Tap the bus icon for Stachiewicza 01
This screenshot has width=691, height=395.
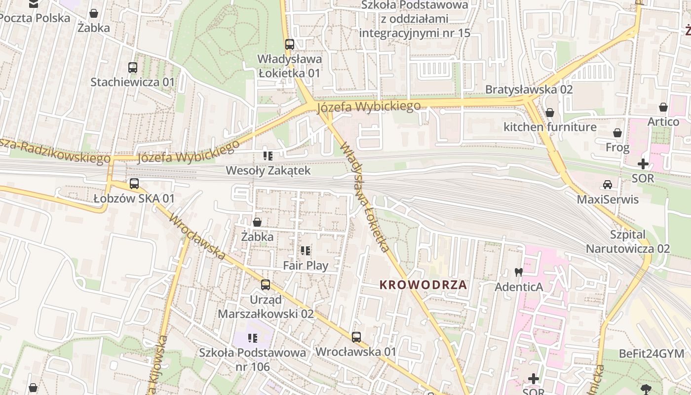(132, 67)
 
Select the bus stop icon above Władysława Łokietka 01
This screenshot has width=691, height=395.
(290, 44)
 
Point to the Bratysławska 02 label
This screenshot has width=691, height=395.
(529, 89)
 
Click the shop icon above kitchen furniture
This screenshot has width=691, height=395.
(549, 113)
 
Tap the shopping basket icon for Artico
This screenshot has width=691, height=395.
(663, 107)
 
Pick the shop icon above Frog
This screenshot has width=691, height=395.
(617, 133)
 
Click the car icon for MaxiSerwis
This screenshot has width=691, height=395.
(608, 185)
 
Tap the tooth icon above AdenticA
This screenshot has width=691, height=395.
(518, 272)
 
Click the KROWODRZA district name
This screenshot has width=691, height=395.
(423, 285)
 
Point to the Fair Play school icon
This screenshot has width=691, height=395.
(306, 251)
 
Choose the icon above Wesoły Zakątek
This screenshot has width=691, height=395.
(268, 156)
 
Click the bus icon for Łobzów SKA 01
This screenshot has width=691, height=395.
(134, 184)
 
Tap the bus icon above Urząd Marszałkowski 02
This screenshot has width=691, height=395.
(266, 284)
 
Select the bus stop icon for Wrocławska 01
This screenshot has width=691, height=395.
(356, 337)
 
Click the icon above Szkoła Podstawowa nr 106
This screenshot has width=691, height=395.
(253, 338)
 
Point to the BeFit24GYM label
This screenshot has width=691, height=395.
(652, 354)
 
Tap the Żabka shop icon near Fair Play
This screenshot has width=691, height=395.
(257, 222)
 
